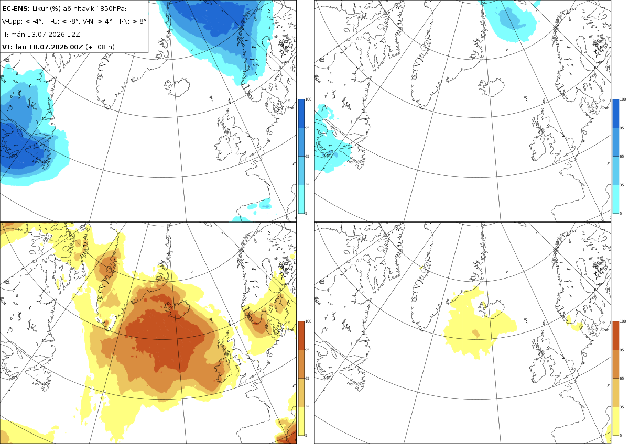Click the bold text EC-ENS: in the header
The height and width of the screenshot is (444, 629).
coord(16,9)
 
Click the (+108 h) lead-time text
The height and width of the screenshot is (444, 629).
coord(100,47)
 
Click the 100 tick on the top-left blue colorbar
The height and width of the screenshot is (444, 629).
coord(308,99)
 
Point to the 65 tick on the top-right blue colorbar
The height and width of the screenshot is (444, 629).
coord(622,157)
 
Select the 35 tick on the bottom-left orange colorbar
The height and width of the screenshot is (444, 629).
coord(307,407)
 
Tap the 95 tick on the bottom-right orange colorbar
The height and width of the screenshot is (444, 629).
coord(622,350)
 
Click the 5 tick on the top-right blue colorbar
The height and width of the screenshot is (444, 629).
coord(621,214)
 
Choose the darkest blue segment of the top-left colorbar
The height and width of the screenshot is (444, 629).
coord(301,114)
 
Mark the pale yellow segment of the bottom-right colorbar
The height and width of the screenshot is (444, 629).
coord(615,421)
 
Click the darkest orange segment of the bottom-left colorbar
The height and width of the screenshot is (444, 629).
coord(301,336)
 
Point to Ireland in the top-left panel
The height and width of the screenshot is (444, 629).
coord(224,148)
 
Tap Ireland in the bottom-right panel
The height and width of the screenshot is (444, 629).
coord(538,370)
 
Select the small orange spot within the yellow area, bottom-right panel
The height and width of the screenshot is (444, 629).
coord(476,333)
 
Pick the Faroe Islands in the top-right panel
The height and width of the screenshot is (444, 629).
coord(525,98)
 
